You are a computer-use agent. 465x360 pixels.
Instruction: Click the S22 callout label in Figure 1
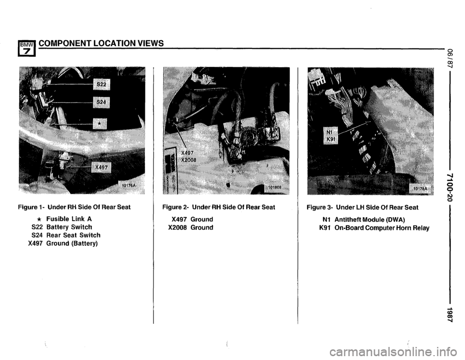tap(101, 85)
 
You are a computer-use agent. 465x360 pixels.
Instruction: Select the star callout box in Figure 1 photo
tap(100, 124)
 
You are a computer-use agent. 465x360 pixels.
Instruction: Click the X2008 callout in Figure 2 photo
tap(188, 160)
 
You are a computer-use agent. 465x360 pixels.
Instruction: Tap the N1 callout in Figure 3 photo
tap(328, 132)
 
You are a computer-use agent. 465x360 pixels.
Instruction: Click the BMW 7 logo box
tap(27, 49)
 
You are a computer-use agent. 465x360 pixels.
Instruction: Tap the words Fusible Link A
tap(69, 219)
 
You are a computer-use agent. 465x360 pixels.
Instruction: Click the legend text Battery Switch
tap(69, 227)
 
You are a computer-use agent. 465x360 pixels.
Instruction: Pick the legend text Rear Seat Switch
tap(73, 235)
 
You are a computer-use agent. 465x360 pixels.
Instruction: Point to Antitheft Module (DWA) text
tap(370, 220)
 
